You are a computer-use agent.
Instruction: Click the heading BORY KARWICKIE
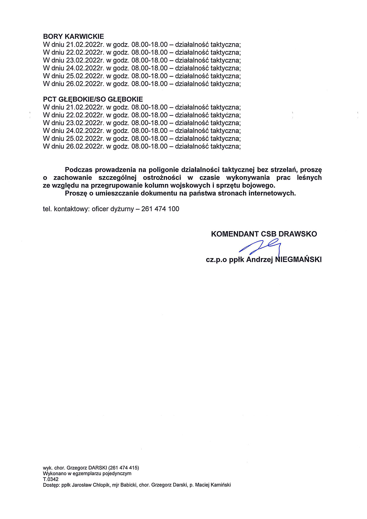coord(73,36)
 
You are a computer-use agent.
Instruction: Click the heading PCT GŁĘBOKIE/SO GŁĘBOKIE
coord(93,99)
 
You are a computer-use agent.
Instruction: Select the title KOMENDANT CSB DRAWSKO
coord(264,234)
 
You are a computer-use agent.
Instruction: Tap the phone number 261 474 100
coord(160,209)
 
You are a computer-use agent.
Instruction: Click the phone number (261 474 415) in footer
coord(124,468)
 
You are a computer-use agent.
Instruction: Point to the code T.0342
coord(51,479)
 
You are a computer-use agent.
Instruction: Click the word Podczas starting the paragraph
coord(79,170)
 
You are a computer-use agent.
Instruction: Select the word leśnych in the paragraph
coord(309,178)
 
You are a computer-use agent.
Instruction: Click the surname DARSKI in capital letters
coord(98,468)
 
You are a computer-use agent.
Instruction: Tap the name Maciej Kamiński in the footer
coord(213,485)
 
